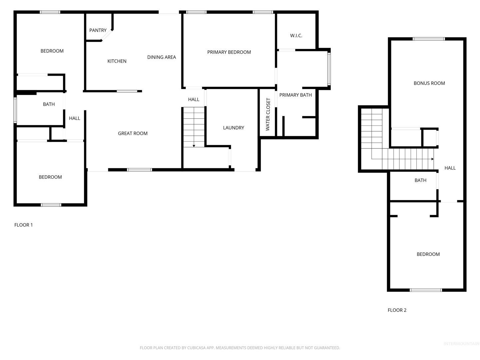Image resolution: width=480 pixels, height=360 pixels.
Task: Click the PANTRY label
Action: (x=98, y=30)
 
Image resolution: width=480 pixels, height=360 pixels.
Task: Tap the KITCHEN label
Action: (x=117, y=61)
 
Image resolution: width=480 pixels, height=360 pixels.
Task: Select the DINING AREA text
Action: (x=161, y=57)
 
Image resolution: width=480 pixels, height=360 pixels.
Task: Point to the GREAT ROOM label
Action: (x=133, y=133)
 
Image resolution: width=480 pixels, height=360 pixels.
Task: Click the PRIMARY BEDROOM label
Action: (x=229, y=52)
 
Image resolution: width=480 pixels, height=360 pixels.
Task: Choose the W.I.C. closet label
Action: (x=296, y=36)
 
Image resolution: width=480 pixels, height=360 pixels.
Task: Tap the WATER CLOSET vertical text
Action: (x=268, y=114)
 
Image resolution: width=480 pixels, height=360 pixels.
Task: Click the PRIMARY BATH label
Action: (x=295, y=95)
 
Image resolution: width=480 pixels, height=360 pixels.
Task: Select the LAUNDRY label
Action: (x=233, y=128)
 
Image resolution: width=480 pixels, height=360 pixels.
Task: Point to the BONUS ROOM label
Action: (x=429, y=83)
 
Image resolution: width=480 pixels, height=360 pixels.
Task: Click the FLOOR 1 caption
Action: (x=23, y=225)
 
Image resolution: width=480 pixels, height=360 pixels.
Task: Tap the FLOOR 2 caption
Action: (x=397, y=310)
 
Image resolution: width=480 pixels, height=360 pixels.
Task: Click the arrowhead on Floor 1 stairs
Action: (x=194, y=146)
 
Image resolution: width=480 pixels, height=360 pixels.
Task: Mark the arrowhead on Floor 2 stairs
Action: (x=432, y=159)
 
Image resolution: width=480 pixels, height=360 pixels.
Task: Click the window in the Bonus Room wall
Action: (x=429, y=39)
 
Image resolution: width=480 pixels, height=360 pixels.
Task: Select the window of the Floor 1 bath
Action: (x=15, y=110)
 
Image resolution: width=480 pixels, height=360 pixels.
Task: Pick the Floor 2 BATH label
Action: (x=420, y=180)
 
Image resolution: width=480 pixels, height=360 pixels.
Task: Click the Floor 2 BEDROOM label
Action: (x=428, y=254)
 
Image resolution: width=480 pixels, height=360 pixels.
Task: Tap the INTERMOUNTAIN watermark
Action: (x=461, y=344)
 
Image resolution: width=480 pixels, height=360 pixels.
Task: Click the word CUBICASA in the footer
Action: (x=195, y=348)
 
